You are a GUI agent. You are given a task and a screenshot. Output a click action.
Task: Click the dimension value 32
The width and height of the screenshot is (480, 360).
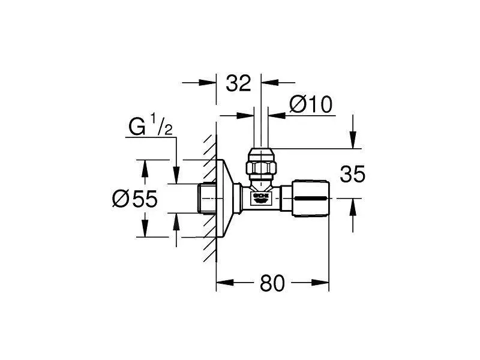click(x=238, y=83)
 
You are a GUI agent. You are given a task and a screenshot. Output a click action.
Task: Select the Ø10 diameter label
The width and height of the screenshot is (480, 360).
click(x=310, y=105)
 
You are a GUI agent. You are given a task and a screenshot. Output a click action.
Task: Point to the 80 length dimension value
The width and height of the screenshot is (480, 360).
click(x=272, y=283)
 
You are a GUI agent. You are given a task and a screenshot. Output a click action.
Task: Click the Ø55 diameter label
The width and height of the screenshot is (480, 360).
click(x=134, y=199)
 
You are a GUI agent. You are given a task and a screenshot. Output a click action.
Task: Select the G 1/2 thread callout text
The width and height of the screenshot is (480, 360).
click(x=151, y=127)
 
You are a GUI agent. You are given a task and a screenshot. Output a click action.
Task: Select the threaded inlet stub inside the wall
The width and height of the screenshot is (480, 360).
click(x=208, y=198)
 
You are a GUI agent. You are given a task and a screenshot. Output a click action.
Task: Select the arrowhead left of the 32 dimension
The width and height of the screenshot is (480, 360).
click(x=211, y=83)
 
